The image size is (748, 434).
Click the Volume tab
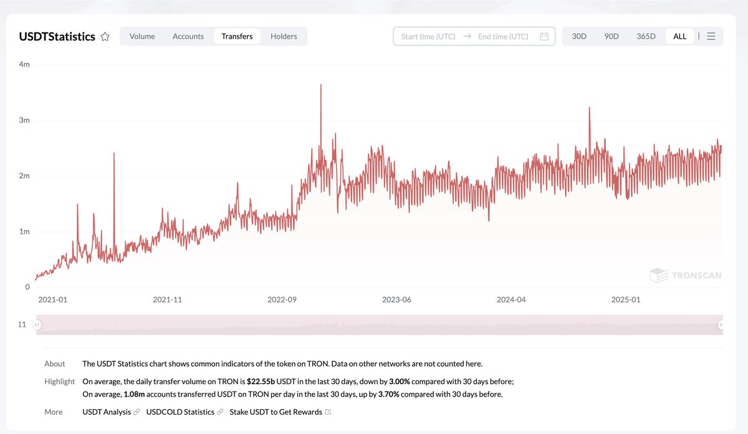tap(142, 36)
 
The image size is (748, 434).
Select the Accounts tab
tap(188, 36)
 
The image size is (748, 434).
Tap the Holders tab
tap(284, 36)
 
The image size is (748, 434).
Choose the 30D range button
tap(579, 36)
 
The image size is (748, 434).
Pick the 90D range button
tap(611, 36)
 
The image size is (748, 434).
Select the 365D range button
tap(646, 36)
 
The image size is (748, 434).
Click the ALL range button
tap(679, 36)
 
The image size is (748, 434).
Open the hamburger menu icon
tap(711, 36)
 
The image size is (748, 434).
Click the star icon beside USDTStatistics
tap(105, 37)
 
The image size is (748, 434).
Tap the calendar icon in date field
tap(544, 36)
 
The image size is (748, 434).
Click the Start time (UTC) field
tap(428, 36)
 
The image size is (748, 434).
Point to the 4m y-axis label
tap(24, 65)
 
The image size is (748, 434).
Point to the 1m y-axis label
tap(24, 231)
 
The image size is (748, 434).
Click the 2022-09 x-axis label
tap(282, 299)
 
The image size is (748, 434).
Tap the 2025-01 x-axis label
tap(626, 299)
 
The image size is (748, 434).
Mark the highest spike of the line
tap(320, 85)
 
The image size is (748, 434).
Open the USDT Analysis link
tap(107, 412)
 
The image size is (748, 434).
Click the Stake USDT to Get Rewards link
tap(276, 412)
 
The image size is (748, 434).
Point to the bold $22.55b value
tap(261, 382)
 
